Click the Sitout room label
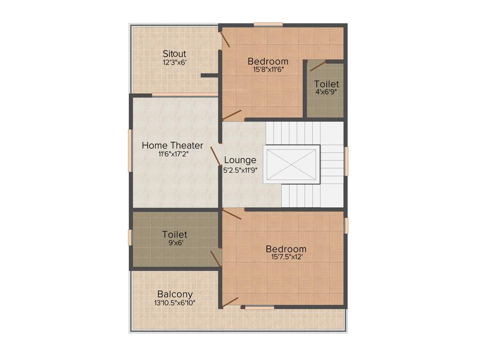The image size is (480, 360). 174,53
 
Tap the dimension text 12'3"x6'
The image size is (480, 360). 174,62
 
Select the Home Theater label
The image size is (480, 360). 172,145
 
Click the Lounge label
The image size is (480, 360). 240,160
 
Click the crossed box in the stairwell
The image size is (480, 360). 291,164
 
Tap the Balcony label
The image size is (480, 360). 175,294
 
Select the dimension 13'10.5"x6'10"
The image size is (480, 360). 175,303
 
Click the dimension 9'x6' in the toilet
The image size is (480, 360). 174,243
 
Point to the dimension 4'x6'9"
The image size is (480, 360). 327,92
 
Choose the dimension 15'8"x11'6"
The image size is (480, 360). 269,70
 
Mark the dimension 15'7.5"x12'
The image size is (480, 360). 286,257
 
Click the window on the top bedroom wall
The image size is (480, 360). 268,24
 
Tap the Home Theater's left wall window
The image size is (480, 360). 130,150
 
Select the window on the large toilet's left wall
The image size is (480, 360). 130,237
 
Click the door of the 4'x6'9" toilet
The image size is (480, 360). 318,66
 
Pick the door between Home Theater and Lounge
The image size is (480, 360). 216,156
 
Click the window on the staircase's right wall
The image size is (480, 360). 346,161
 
